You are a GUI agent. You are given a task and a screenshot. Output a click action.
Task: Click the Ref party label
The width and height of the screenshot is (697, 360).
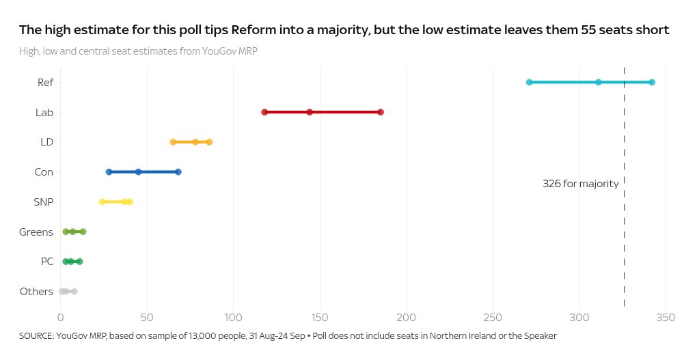46,83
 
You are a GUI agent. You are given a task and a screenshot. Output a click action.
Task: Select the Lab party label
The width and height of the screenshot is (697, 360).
44,113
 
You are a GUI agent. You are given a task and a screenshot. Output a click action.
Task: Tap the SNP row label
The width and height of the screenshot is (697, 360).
43,202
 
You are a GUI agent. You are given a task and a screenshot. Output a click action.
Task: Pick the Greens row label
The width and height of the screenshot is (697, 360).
36,232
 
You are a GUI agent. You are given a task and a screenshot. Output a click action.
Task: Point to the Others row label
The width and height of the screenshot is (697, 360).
36,292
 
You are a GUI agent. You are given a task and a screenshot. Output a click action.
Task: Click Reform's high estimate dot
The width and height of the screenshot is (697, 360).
652,82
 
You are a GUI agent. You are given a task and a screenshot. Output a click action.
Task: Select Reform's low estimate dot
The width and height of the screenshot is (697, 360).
529,82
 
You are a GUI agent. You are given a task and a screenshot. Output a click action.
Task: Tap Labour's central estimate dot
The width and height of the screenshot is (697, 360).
310,112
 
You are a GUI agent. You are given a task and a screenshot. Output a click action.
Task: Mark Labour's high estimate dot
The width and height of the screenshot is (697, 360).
381,112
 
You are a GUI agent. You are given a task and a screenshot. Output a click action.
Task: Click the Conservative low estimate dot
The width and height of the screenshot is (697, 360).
109,172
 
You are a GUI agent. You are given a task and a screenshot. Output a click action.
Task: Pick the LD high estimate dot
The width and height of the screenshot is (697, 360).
209,142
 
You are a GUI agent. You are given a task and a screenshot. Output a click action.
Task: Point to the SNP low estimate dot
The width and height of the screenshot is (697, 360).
102,202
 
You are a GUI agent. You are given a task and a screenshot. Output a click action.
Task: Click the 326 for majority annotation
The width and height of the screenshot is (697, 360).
581,184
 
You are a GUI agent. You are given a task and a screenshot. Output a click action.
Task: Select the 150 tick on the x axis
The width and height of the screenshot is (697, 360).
320,318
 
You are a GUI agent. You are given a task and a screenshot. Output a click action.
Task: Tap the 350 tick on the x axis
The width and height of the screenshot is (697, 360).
666,318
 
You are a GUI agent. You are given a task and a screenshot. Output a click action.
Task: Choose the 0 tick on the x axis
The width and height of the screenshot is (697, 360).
60,318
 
